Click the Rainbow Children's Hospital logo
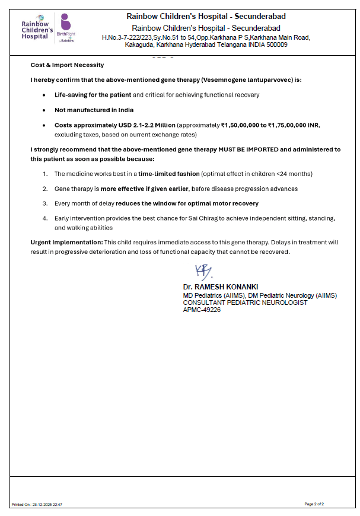pyautogui.click(x=36, y=27)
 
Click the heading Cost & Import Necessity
pyautogui.click(x=67, y=65)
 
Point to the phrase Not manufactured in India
pyautogui.click(x=94, y=110)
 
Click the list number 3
pyautogui.click(x=45, y=203)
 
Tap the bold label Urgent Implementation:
pyautogui.click(x=66, y=243)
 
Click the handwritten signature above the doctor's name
pyautogui.click(x=202, y=272)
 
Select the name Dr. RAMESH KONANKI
pyautogui.click(x=220, y=286)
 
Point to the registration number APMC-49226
pyautogui.click(x=202, y=310)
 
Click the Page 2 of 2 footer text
pyautogui.click(x=314, y=504)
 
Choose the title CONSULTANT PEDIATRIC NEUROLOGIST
pyautogui.click(x=245, y=302)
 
